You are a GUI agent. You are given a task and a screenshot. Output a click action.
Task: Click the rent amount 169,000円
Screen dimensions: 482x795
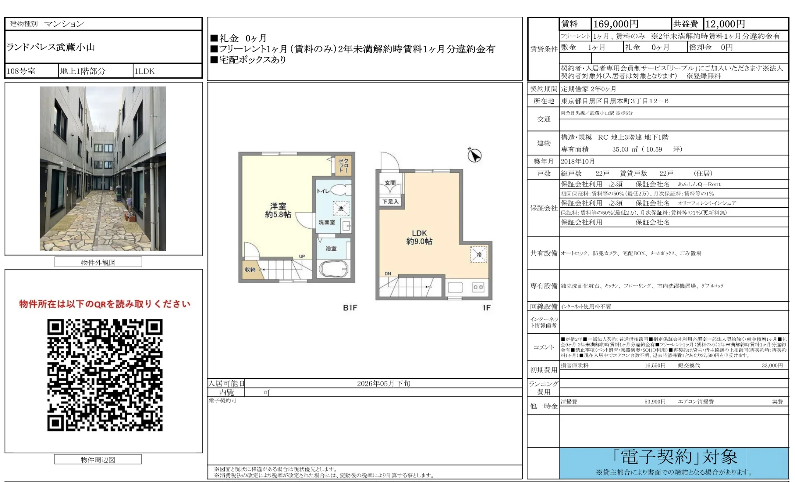coord(616,24)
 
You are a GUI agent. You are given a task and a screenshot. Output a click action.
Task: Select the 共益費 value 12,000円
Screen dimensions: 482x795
coord(725,24)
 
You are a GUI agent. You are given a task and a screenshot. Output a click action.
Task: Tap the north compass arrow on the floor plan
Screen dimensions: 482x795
coord(474,156)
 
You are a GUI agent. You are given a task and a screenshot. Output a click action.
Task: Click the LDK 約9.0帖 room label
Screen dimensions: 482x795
coord(419,237)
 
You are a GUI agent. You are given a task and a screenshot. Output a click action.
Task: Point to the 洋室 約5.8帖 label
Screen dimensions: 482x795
coord(278,210)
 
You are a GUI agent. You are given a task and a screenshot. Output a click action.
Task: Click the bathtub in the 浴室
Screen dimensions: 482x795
coord(333,269)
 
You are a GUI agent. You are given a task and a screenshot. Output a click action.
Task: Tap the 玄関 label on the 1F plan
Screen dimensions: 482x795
coord(390,183)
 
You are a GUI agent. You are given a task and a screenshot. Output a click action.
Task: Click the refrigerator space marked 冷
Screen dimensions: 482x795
coord(479,254)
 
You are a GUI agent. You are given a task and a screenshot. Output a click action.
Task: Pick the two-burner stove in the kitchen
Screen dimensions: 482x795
coord(478,287)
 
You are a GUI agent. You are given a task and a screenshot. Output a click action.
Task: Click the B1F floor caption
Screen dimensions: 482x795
coord(350,308)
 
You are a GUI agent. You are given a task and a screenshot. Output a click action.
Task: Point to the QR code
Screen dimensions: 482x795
coord(105,375)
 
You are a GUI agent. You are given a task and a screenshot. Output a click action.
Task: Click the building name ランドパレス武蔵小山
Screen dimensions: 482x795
coord(51,47)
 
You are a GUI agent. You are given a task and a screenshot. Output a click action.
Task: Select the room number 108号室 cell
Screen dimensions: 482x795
coord(21,71)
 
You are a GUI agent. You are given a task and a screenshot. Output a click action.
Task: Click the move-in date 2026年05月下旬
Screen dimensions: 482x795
coord(384,383)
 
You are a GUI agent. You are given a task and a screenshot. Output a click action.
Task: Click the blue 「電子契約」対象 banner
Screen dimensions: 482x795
coord(674,463)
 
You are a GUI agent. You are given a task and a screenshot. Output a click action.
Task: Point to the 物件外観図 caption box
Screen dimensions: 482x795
coord(98,262)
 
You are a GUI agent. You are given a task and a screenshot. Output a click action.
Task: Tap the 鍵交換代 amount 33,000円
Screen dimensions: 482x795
coord(772,365)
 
